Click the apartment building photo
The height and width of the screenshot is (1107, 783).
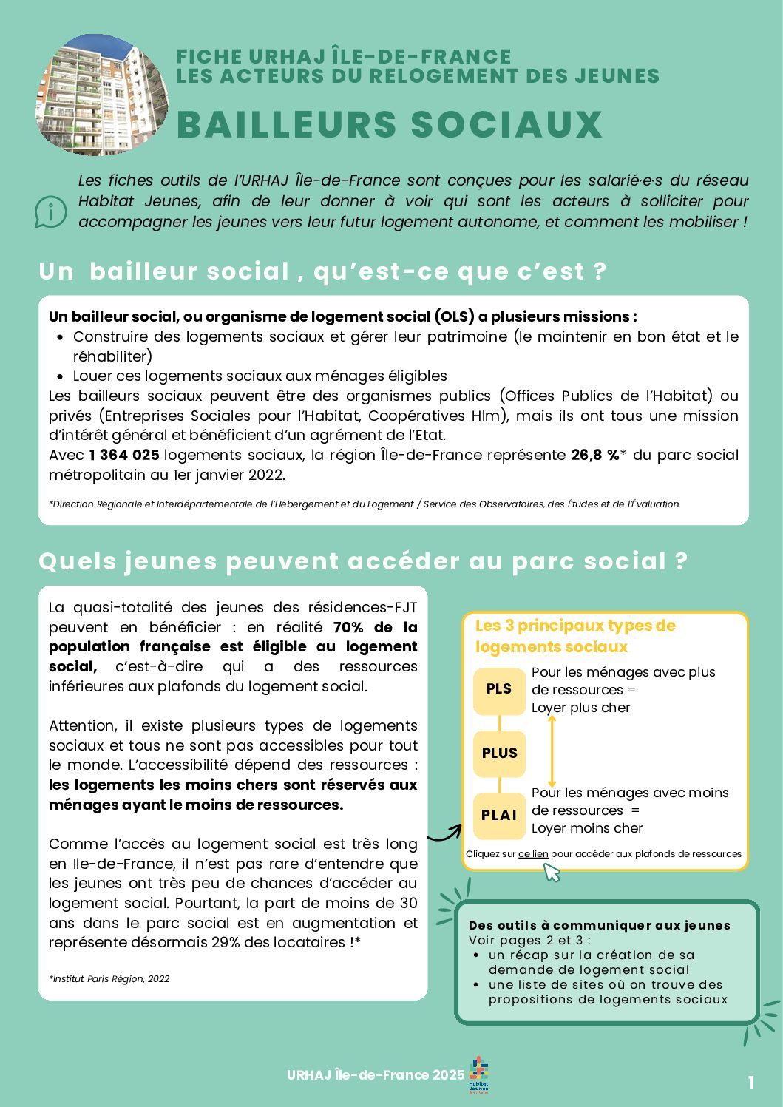(x=101, y=95)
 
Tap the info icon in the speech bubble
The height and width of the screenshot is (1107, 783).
(x=50, y=212)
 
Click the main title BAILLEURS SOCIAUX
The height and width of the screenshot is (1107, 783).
(x=390, y=124)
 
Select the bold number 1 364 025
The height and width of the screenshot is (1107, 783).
(x=123, y=455)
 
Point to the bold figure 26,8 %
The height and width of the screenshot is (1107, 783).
(x=595, y=455)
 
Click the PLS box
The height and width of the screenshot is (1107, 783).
(x=499, y=689)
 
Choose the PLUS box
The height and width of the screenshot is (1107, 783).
(x=499, y=754)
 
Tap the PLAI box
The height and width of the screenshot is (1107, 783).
(x=499, y=815)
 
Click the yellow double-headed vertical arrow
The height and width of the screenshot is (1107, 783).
(x=552, y=751)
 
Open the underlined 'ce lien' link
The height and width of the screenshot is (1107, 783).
(x=533, y=854)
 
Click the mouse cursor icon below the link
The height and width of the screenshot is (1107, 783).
(x=552, y=873)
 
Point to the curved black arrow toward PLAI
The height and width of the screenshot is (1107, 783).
(x=444, y=833)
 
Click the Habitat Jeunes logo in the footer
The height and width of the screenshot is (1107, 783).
(x=479, y=1074)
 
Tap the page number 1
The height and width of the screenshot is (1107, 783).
(x=751, y=1083)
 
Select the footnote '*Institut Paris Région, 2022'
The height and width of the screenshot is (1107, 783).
(x=109, y=979)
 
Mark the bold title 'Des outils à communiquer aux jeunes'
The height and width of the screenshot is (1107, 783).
(x=599, y=925)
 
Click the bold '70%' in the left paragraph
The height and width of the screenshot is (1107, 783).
(x=348, y=627)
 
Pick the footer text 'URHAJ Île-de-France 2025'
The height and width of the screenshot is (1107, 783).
(x=376, y=1075)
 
